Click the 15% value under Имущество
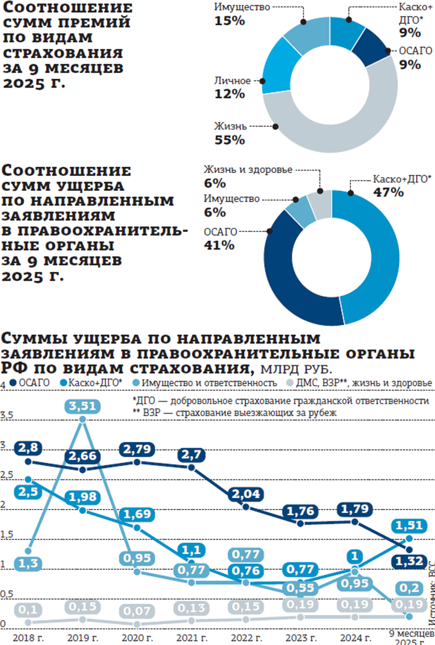pyautogui.click(x=229, y=21)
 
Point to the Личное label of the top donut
pyautogui.click(x=232, y=81)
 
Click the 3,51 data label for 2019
pyautogui.click(x=83, y=406)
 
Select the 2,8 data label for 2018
pyautogui.click(x=28, y=448)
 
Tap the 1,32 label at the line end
pyautogui.click(x=409, y=561)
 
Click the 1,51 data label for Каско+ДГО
pyautogui.click(x=409, y=526)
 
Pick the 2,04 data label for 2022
pyautogui.click(x=246, y=494)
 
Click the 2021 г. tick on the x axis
pyautogui.click(x=192, y=638)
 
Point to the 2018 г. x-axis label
pyautogui.click(x=28, y=638)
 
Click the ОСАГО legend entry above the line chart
pyautogui.click(x=30, y=383)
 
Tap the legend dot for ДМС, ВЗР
pyautogui.click(x=290, y=383)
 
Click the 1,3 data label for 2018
pyautogui.click(x=28, y=563)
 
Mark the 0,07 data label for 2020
pyautogui.click(x=137, y=611)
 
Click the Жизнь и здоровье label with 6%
pyautogui.click(x=248, y=170)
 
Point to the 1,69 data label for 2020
pyautogui.click(x=137, y=514)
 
